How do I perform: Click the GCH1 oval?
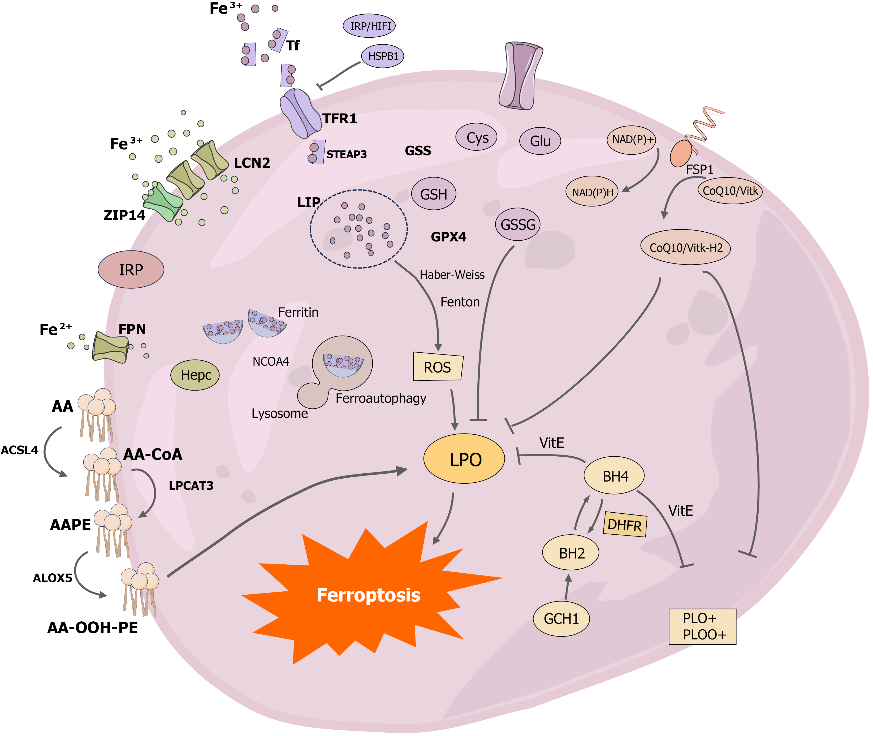tap(561, 619)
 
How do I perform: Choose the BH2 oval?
tap(571, 553)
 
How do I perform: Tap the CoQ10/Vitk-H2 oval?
tap(686, 248)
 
